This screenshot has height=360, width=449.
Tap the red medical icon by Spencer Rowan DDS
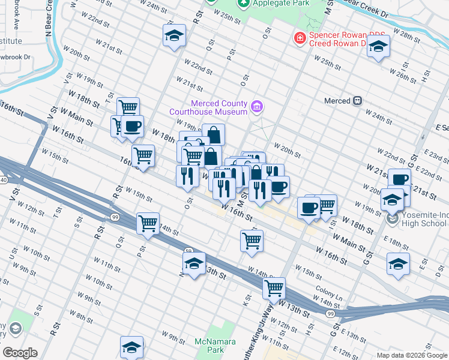click(x=298, y=38)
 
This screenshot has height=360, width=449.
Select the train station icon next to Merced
click(x=358, y=101)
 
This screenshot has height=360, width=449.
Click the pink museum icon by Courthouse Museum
click(x=256, y=107)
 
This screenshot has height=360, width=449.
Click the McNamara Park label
click(x=209, y=346)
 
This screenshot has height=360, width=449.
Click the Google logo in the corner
click(x=19, y=353)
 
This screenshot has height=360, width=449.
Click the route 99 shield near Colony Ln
click(x=330, y=313)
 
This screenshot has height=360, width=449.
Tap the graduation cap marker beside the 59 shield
click(x=194, y=263)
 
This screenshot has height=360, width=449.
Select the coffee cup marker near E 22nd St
click(x=399, y=179)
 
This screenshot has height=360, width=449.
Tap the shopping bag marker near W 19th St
click(x=213, y=134)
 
